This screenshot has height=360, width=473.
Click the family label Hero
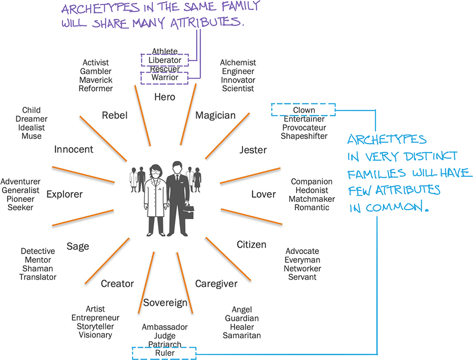coord(165,97)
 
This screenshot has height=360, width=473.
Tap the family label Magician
coord(215,115)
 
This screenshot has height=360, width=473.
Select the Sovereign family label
coord(165,302)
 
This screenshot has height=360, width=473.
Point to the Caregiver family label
coord(216,284)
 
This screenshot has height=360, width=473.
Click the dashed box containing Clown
coord(304,110)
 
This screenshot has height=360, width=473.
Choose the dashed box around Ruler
coord(164,353)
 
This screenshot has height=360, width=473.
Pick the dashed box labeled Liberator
coord(165,60)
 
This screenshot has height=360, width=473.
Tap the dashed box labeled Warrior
coord(165,77)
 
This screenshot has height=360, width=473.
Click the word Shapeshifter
coord(304,136)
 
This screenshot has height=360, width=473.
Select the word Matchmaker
coord(311,199)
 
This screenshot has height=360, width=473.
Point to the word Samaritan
coord(241,336)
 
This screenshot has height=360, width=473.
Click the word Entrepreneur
coord(95,318)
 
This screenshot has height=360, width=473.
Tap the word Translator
coord(38,277)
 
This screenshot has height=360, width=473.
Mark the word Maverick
coord(96,80)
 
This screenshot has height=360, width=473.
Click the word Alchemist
coord(238,63)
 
